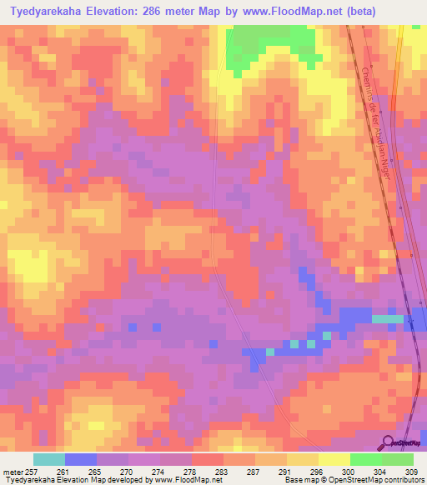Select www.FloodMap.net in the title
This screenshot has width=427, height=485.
pos(270,12)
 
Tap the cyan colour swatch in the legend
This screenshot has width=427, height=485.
pos(49,460)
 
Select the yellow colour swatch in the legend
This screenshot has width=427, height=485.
pos(334,460)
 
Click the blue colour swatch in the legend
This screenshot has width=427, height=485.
pos(81,460)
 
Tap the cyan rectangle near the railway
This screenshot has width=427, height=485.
pos(386,319)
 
